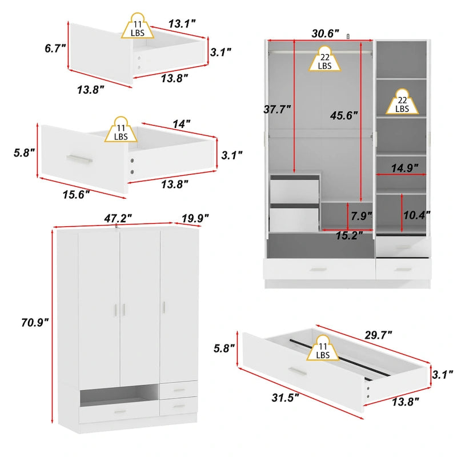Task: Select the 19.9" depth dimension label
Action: [x=195, y=218]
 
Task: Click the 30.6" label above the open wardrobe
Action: [x=326, y=33]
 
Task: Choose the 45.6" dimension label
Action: [x=343, y=114]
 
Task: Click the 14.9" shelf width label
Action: [x=404, y=167]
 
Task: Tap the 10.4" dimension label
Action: [x=416, y=215]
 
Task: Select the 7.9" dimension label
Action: [x=361, y=216]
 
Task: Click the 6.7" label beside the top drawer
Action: [x=56, y=49]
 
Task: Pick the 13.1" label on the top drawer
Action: [x=182, y=23]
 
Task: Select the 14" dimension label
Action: [x=181, y=123]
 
